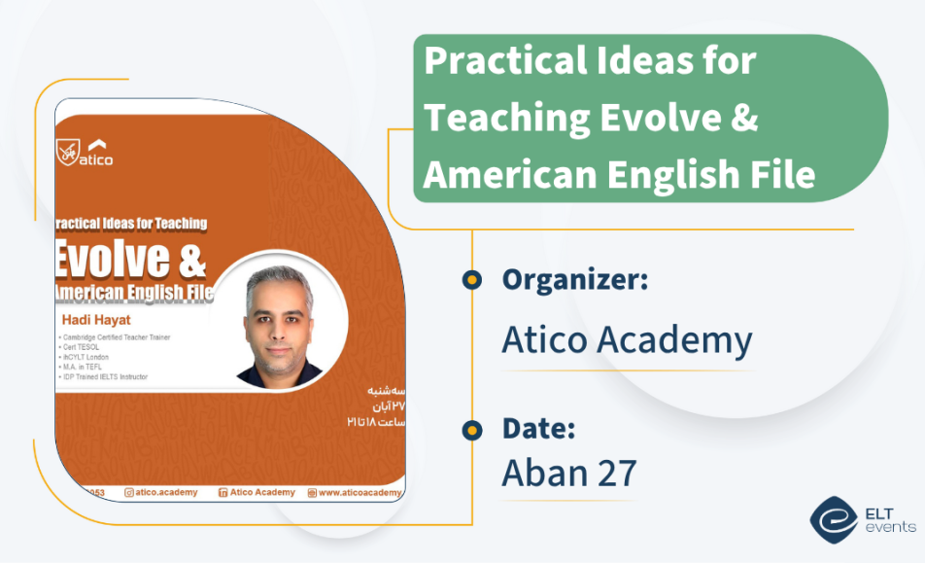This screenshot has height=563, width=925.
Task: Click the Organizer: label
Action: [575, 280]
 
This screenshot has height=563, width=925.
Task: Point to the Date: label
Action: [538, 428]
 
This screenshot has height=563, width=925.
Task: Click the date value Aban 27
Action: [569, 473]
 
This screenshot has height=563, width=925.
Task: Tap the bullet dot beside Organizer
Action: [472, 280]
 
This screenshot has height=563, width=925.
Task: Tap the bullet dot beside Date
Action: [472, 429]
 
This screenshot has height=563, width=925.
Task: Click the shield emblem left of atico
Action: [67, 153]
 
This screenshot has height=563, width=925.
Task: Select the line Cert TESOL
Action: [83, 347]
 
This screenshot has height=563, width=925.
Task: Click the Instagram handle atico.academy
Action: [166, 493]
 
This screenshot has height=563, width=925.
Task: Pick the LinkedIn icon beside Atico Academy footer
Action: [223, 493]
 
